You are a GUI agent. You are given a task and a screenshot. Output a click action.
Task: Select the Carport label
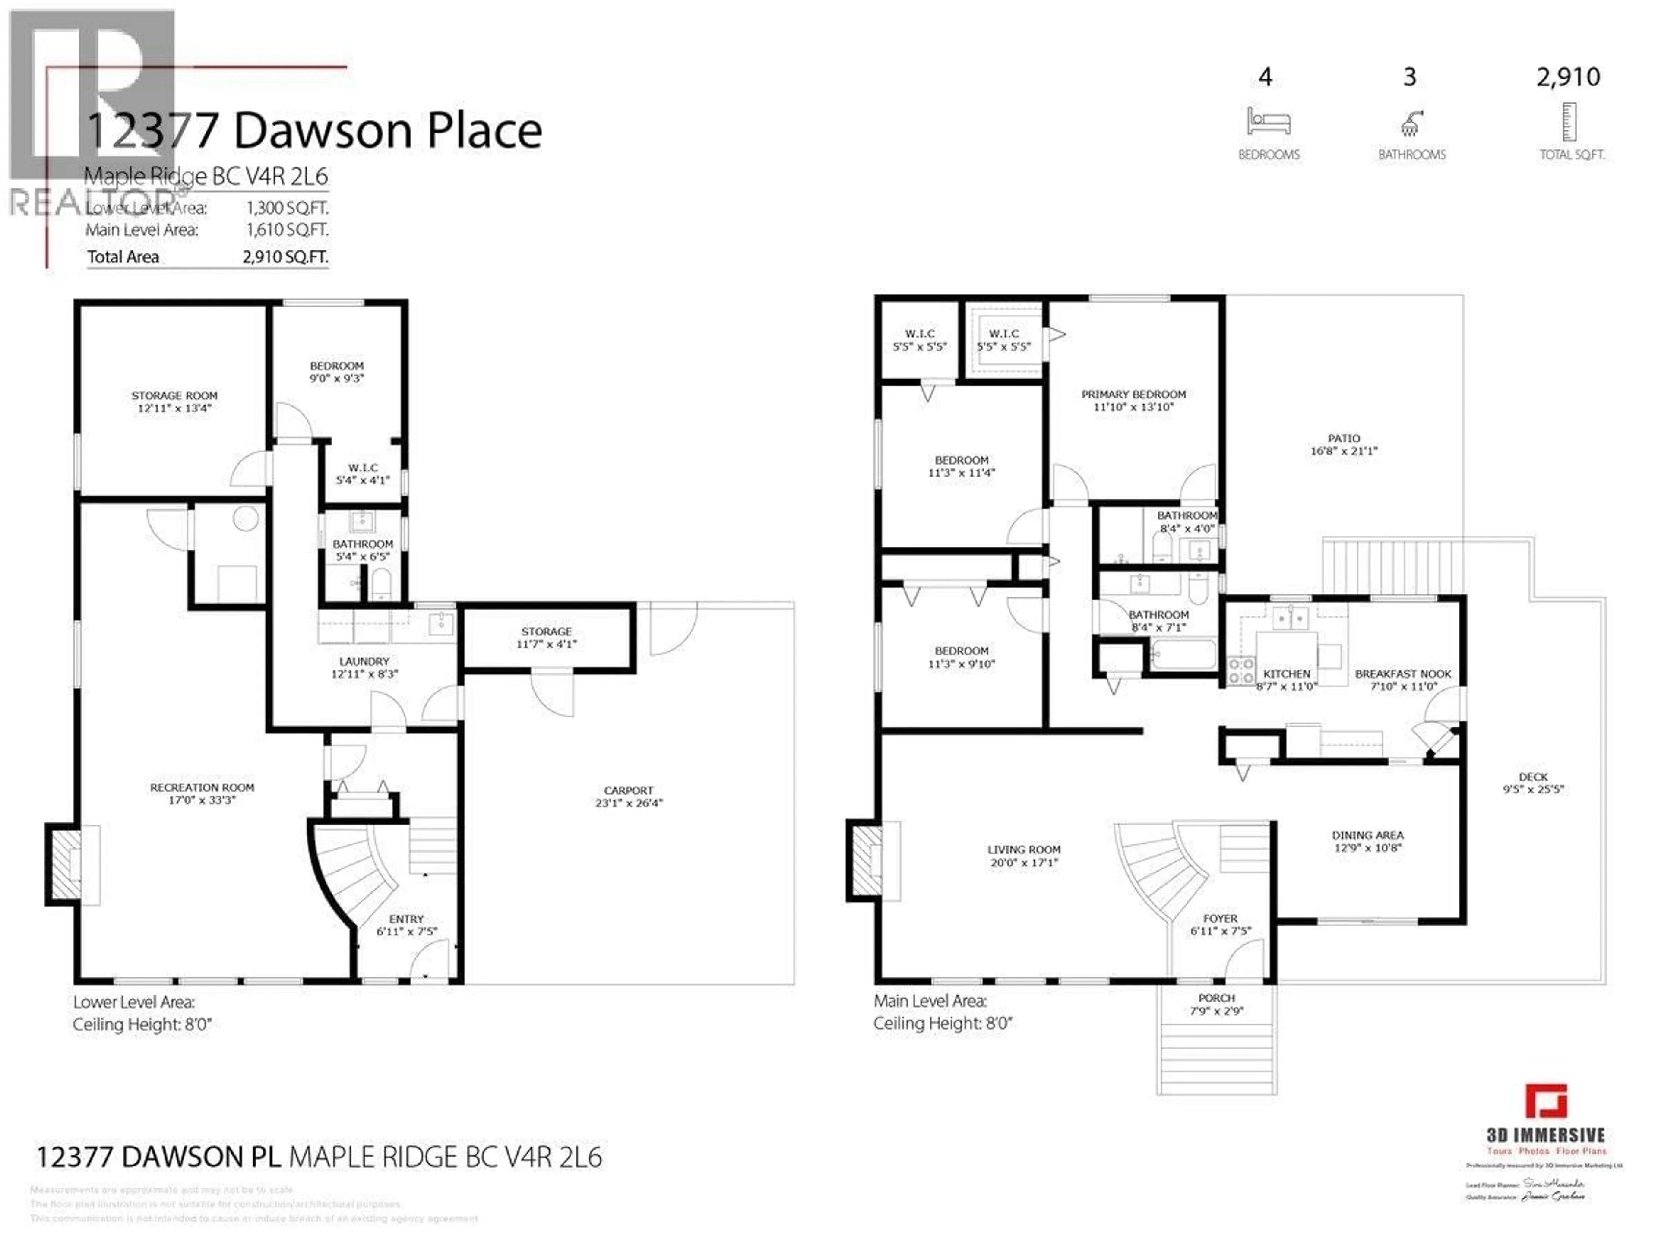tap(628, 796)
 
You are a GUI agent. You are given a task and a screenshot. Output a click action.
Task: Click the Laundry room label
tap(364, 667)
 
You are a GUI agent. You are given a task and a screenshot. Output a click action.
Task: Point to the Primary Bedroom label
tap(1133, 400)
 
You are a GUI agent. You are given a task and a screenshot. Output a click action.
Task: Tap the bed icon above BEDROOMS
tap(1268, 121)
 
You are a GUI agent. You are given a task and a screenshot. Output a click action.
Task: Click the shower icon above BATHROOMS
tap(1411, 123)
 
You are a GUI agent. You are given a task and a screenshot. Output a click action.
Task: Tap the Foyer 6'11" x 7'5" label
tap(1220, 924)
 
